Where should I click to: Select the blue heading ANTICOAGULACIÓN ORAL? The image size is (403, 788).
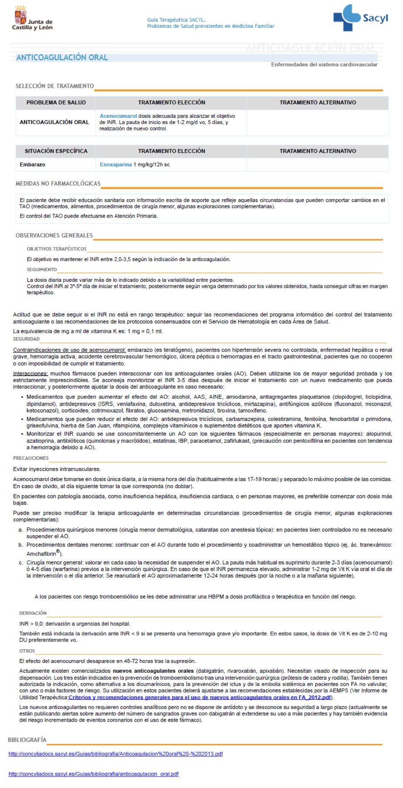pos(62,58)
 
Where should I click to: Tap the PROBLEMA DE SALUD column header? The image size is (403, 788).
pos(56,103)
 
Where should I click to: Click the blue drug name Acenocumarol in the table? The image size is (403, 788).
pos(118,116)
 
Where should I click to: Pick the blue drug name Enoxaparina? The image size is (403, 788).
pos(116,165)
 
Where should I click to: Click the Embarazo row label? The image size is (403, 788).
pos(32,165)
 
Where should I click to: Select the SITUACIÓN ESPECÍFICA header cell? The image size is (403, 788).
pos(56,151)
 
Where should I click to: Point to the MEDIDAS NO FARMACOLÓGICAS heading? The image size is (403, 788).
pos(58,184)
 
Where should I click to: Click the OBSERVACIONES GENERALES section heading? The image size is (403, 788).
pos(54,236)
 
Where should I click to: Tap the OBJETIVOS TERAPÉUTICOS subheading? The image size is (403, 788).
pos(57,249)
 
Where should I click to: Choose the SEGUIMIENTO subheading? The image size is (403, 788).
pos(42,270)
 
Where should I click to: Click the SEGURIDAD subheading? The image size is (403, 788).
pos(26,339)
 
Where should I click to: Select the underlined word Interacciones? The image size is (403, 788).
pos(31,374)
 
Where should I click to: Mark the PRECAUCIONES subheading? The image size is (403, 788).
pos(31,458)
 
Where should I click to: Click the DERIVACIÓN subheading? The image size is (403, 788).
pos(33,613)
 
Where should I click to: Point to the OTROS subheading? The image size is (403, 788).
pos(27,651)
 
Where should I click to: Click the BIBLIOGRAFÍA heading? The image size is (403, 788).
pos(27,740)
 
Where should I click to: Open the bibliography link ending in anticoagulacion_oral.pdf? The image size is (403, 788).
pos(93,774)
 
